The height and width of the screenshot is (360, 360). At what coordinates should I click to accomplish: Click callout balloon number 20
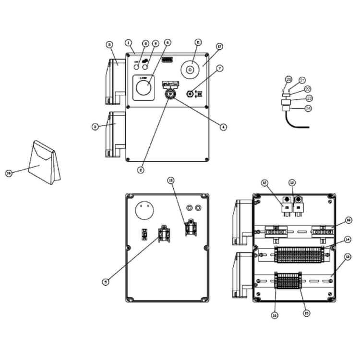[288, 79]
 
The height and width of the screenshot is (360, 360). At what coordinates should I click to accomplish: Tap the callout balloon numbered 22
[308, 89]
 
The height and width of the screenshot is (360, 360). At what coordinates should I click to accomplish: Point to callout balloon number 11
[197, 42]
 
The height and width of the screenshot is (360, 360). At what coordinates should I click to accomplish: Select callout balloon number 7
[219, 69]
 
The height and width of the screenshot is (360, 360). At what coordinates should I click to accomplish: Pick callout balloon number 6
[168, 42]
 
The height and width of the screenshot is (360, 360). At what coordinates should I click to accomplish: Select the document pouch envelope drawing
[44, 162]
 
